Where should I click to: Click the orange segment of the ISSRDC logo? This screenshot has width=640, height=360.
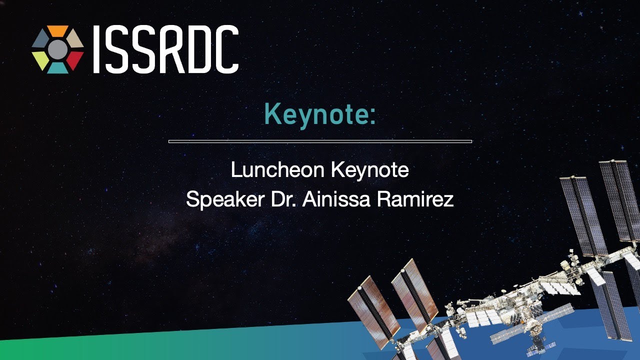[x=57, y=31]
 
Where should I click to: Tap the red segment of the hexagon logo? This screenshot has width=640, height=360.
[x=75, y=60]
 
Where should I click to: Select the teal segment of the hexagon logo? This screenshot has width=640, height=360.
[x=57, y=68]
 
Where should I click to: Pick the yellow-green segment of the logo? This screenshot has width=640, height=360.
[x=40, y=60]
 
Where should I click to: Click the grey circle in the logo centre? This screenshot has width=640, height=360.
[x=57, y=49]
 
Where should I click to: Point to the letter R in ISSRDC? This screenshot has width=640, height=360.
[x=169, y=49]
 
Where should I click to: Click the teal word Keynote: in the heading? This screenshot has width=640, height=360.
[x=319, y=115]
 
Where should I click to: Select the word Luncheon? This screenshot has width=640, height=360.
[x=277, y=170]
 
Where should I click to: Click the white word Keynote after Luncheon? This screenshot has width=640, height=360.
[x=370, y=171]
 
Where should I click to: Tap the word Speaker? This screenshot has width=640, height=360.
[x=225, y=199]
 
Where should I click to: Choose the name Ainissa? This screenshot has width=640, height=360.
[x=336, y=199]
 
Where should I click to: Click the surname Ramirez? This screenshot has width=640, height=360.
[x=415, y=199]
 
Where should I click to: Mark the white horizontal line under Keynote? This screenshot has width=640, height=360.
[x=320, y=141]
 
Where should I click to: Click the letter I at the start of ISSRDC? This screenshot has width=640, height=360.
[x=96, y=49]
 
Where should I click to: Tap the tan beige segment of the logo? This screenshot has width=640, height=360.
[x=75, y=38]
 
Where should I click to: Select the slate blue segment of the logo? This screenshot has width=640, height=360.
[x=40, y=38]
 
